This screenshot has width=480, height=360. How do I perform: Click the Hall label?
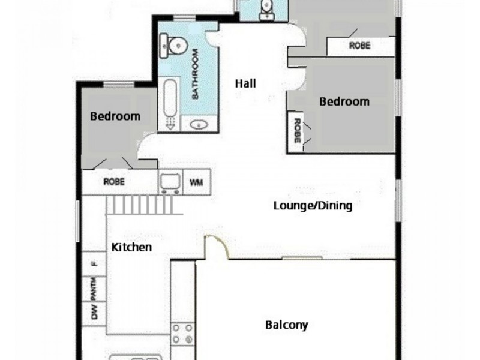pos(245,84)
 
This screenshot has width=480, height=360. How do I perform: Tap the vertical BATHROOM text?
pos(195,75)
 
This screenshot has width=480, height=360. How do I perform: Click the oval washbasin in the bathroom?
pos(197,125)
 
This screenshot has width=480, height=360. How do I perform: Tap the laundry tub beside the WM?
pos(170,182)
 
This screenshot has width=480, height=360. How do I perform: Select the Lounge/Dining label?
pos(312,206)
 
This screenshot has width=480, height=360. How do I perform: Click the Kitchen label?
pos(131,247)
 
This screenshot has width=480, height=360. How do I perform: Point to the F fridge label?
pos(94,263)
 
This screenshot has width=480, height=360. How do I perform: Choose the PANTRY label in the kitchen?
pos(94,289)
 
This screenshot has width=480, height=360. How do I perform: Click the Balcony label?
pos(286,325)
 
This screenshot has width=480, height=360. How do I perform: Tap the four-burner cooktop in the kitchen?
pos(182,334)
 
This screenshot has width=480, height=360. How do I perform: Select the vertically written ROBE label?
pos(296,130)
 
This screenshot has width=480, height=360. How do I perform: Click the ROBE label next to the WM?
pos(113,181)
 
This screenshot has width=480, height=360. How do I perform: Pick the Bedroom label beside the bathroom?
pos(115,116)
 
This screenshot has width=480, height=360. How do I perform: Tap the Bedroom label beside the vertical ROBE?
pos(344,101)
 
